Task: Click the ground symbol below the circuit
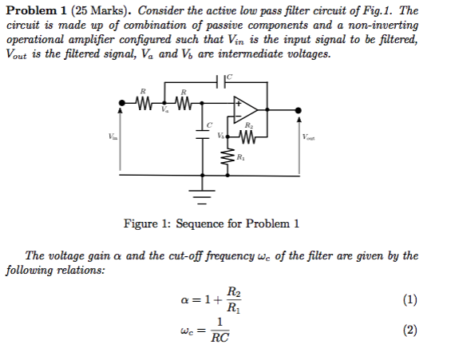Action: (x=200, y=193)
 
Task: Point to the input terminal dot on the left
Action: (x=121, y=102)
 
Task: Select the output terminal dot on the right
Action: (x=299, y=111)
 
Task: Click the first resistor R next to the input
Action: (x=144, y=102)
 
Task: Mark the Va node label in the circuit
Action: (x=165, y=112)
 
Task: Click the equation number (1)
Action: (x=409, y=300)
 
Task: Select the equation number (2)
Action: (x=409, y=330)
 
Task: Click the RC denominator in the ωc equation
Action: (x=220, y=338)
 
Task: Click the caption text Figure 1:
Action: (x=145, y=224)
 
